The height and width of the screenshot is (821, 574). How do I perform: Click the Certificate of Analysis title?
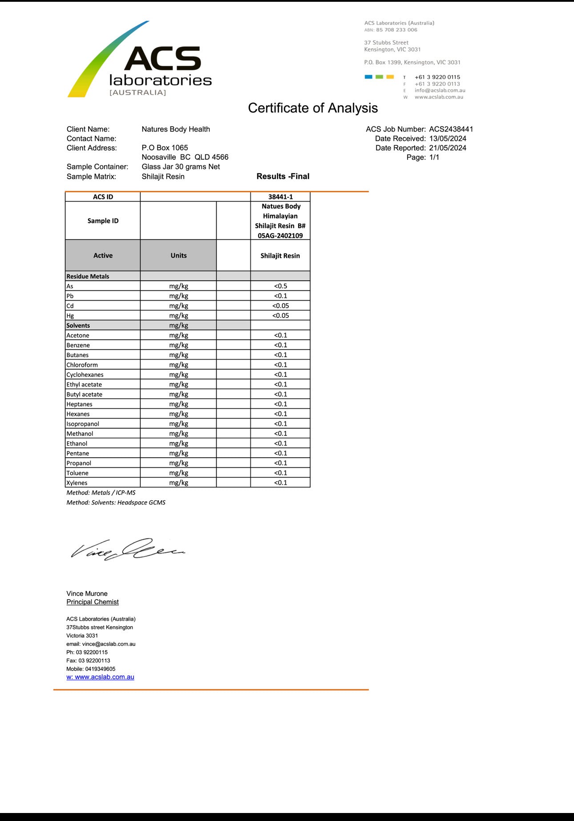click(x=313, y=108)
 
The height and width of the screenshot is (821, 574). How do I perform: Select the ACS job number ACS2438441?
click(x=451, y=129)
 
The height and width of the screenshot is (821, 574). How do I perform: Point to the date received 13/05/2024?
click(x=448, y=139)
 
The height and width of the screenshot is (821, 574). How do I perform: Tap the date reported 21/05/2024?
click(x=448, y=148)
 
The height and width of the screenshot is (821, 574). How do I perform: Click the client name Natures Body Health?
click(x=176, y=129)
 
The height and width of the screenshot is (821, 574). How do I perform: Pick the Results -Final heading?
click(x=283, y=177)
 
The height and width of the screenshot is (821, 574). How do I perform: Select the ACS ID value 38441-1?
click(x=280, y=197)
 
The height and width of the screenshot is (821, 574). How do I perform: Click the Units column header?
click(x=178, y=256)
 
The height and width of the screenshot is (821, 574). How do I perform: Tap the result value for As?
click(x=280, y=286)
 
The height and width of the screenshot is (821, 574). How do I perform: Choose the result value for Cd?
click(x=280, y=306)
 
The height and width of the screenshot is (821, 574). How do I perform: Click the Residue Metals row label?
click(x=88, y=277)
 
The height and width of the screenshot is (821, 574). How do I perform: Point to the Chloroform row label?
click(x=82, y=365)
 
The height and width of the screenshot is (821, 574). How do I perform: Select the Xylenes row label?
click(x=77, y=483)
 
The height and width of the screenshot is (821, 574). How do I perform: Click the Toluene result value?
click(x=280, y=473)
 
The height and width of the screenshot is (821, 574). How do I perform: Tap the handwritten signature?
click(x=128, y=550)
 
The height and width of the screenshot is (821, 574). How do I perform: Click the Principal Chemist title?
click(x=93, y=602)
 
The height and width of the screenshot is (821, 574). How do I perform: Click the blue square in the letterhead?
click(x=368, y=77)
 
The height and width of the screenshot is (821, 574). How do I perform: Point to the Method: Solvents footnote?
click(x=116, y=503)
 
